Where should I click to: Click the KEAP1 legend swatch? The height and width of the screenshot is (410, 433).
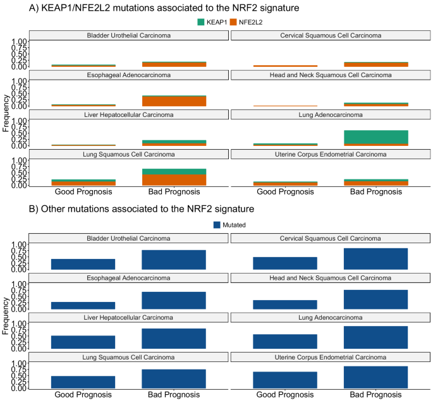(202, 23)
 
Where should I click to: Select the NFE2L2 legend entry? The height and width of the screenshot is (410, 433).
(232, 23)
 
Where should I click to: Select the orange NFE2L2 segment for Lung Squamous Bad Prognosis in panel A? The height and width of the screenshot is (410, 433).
(174, 179)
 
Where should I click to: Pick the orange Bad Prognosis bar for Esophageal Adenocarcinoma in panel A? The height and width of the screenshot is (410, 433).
(174, 101)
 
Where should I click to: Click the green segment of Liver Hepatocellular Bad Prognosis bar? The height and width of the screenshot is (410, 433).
(174, 142)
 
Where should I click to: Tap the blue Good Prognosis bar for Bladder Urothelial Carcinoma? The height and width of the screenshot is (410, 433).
(83, 264)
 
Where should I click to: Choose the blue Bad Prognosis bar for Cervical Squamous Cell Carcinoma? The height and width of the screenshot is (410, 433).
(376, 258)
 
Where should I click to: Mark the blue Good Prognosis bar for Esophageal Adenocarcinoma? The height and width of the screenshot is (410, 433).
(83, 305)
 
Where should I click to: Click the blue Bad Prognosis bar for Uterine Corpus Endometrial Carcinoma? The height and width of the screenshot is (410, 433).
(376, 377)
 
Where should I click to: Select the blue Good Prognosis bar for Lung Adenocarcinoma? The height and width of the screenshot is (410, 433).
(285, 341)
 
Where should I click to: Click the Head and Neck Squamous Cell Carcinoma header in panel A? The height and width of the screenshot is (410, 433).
(331, 75)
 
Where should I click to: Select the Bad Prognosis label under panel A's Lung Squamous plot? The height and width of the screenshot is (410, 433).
(174, 192)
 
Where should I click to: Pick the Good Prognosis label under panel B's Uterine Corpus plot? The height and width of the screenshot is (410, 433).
(285, 395)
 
